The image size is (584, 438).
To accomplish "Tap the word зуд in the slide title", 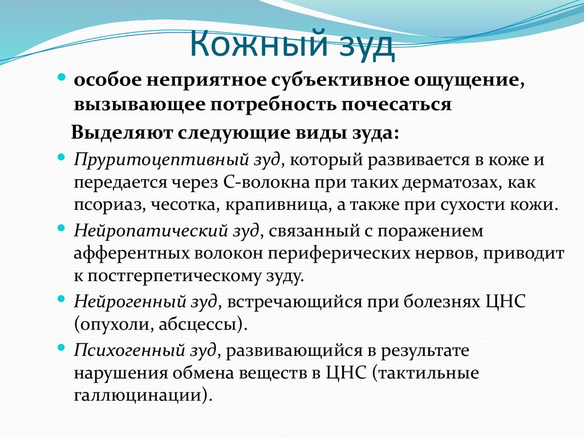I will coord(361,46).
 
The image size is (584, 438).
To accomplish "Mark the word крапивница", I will coord(299,204).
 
